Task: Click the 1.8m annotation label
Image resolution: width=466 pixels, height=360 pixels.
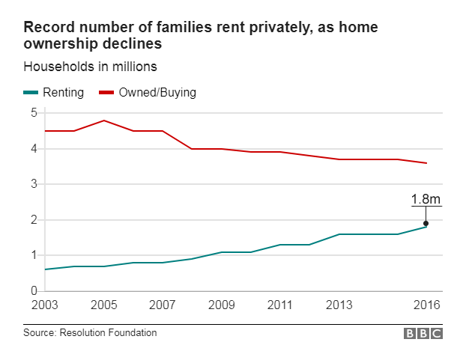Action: [425, 199]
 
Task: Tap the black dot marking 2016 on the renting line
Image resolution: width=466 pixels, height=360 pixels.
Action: [426, 223]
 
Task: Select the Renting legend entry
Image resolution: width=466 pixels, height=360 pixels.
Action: [53, 93]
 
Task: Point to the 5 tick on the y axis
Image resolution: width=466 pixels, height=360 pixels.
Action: [33, 113]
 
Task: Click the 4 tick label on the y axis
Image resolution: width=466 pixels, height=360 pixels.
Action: [33, 149]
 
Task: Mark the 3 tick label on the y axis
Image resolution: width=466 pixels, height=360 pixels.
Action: [33, 184]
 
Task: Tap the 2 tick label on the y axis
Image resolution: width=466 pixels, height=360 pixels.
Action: [33, 220]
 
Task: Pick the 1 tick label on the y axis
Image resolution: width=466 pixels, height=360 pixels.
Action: [33, 255]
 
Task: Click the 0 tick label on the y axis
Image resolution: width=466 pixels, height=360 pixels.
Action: [33, 291]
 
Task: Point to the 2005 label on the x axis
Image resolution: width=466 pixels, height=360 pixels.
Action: [103, 305]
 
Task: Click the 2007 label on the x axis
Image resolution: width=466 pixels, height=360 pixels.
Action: [162, 305]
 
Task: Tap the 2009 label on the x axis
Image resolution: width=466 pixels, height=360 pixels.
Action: [221, 305]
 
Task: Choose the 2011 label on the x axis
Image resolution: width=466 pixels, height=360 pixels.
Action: [279, 305]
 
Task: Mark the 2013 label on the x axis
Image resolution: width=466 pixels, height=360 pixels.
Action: [338, 305]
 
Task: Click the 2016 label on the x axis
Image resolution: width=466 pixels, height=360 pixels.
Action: [426, 305]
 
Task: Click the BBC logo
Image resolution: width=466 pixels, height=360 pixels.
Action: [423, 334]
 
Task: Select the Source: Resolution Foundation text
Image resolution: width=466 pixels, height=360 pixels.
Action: [91, 333]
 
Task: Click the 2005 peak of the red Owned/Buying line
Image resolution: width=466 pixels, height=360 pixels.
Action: [103, 120]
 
